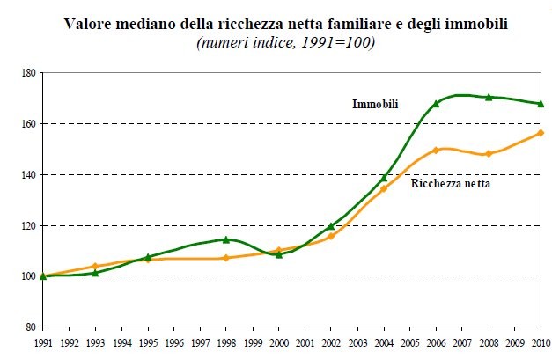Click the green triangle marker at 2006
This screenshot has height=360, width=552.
click(x=436, y=103)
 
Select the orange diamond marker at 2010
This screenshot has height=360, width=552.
click(x=541, y=133)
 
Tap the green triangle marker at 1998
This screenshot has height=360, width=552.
click(x=226, y=239)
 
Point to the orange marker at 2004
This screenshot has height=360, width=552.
click(x=383, y=188)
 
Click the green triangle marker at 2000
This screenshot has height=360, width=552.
click(x=279, y=254)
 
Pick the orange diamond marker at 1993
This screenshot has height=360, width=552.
click(x=95, y=266)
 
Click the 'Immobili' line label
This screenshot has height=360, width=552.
click(x=375, y=105)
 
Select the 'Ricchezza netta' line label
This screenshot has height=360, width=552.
click(x=451, y=184)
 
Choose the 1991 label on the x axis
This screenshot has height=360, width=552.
click(x=42, y=342)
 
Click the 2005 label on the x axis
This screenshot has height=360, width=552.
click(x=409, y=342)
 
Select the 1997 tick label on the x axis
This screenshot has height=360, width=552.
click(x=200, y=342)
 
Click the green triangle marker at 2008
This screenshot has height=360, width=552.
click(x=489, y=97)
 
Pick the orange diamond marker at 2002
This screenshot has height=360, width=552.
click(x=331, y=236)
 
